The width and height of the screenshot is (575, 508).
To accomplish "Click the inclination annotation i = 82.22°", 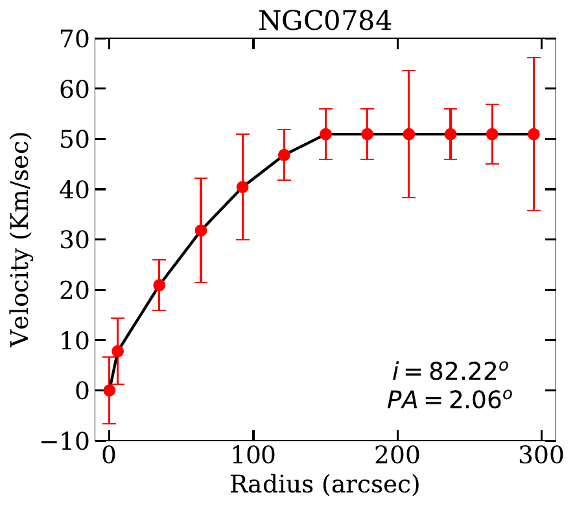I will click(x=449, y=373).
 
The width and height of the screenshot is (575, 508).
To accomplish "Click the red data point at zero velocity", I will click(x=110, y=390).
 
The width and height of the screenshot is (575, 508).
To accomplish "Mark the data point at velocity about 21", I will click(x=159, y=285).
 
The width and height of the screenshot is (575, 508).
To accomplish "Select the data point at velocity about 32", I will click(x=201, y=230).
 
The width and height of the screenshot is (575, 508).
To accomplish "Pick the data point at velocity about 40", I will click(x=243, y=187).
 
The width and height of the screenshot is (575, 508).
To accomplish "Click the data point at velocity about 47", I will click(x=284, y=155).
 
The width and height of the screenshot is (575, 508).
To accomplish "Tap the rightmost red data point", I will click(x=534, y=134).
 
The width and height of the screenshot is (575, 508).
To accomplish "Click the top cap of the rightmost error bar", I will click(x=534, y=58).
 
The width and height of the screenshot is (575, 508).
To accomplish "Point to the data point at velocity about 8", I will click(x=118, y=351).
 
